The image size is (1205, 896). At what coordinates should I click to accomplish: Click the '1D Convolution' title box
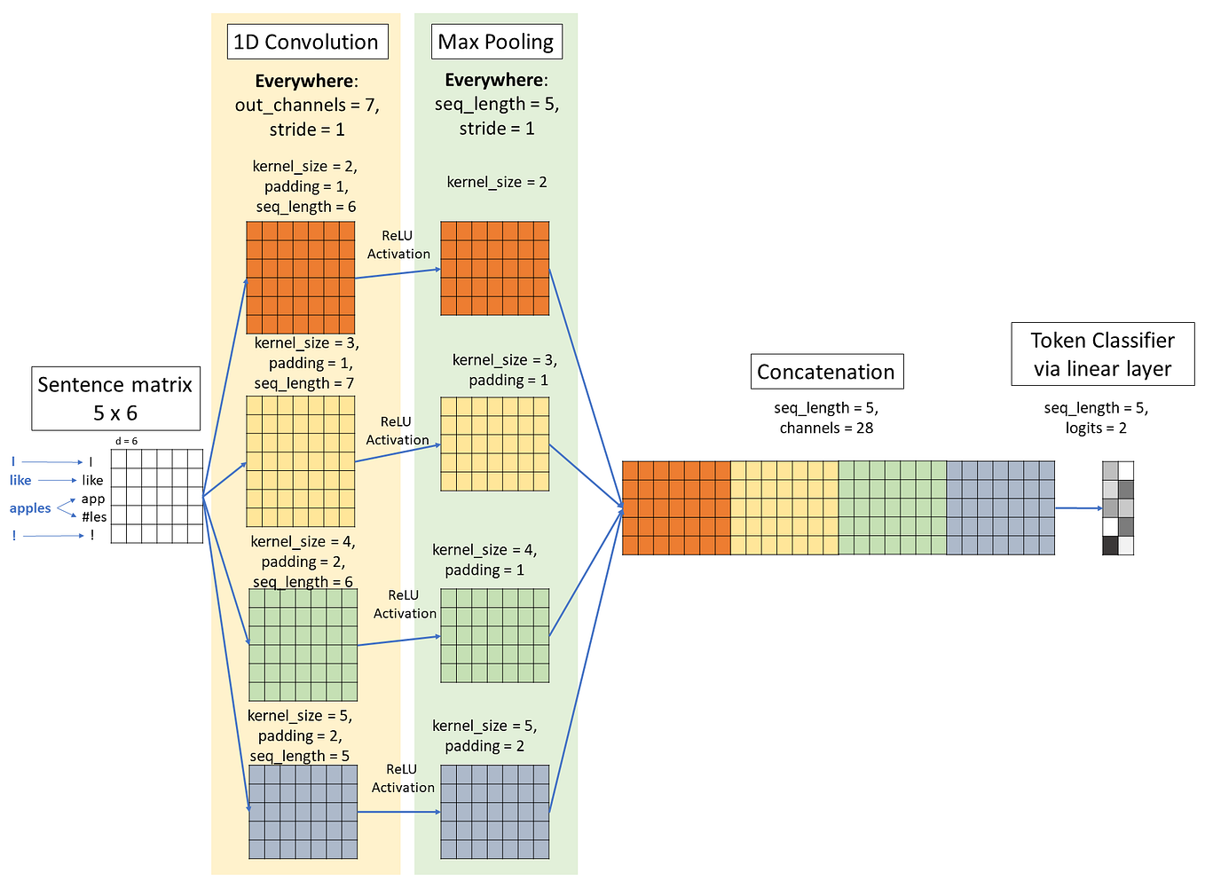click(307, 42)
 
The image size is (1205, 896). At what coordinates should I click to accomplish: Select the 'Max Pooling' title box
click(496, 42)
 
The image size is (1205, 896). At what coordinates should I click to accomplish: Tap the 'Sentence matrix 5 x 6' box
click(115, 398)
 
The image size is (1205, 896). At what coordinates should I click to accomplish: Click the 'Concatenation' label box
click(825, 372)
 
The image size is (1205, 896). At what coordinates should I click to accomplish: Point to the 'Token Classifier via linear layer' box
click(1102, 354)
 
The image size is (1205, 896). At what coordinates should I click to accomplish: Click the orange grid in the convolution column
click(300, 277)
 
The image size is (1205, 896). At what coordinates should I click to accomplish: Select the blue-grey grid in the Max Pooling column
click(494, 811)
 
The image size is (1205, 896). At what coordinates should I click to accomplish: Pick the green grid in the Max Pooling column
click(494, 635)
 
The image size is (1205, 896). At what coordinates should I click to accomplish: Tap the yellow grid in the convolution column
click(300, 460)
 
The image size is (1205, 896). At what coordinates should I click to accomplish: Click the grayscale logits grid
click(1117, 507)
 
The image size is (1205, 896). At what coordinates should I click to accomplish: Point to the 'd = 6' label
click(127, 441)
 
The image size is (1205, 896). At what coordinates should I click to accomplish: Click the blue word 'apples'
click(30, 508)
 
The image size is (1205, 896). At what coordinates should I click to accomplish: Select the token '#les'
click(94, 517)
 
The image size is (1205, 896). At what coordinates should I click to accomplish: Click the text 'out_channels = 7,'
click(307, 105)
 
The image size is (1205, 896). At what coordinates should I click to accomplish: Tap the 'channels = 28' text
click(826, 428)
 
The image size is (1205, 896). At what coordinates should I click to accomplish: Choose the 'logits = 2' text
click(1096, 428)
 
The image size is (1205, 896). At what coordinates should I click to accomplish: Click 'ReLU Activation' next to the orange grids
click(398, 245)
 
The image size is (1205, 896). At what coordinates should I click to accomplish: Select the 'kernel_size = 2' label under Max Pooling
click(497, 182)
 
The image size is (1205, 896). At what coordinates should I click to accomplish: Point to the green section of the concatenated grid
click(892, 507)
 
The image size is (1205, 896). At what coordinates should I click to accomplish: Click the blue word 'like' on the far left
click(20, 480)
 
